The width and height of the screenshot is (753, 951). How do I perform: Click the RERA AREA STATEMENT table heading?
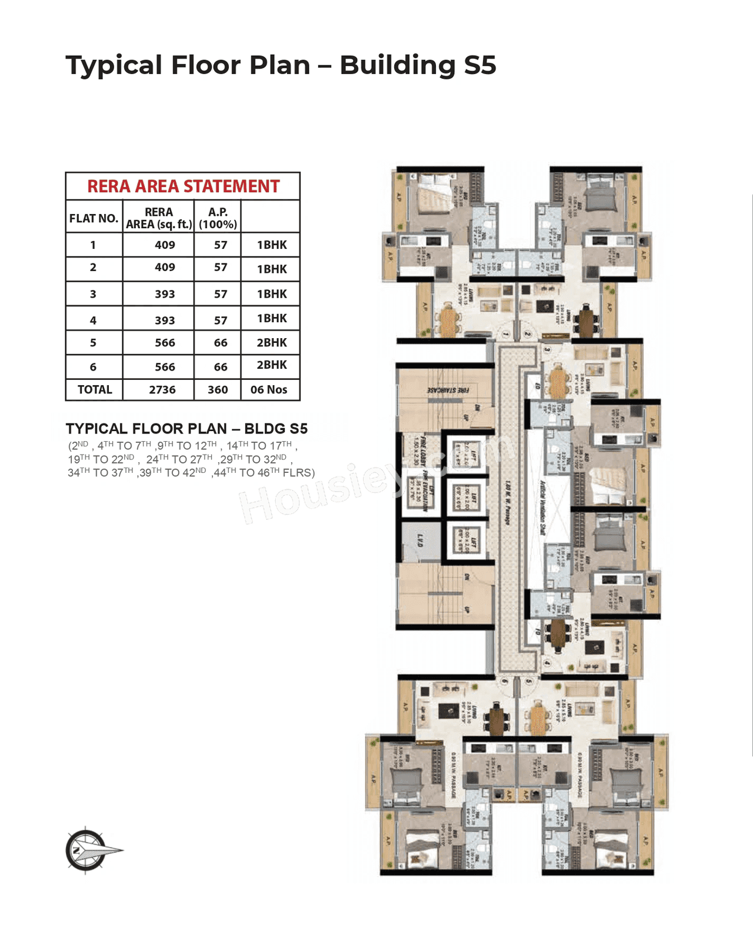pyautogui.click(x=183, y=186)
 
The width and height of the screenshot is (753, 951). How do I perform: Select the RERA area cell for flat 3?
pyautogui.click(x=165, y=294)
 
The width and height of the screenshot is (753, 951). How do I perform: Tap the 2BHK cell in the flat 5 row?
pyautogui.click(x=271, y=342)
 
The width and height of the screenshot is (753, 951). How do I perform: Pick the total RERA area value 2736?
pyautogui.click(x=162, y=389)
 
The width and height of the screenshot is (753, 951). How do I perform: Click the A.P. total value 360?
pyautogui.click(x=218, y=389)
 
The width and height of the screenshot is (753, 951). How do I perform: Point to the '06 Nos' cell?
pyautogui.click(x=269, y=389)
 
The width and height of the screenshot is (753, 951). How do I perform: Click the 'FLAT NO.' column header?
pyautogui.click(x=94, y=218)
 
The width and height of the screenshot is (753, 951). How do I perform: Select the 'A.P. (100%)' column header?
pyautogui.click(x=218, y=218)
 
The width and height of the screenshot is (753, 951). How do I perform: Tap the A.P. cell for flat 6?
pyautogui.click(x=221, y=367)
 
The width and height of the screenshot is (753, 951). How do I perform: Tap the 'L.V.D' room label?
pyautogui.click(x=420, y=540)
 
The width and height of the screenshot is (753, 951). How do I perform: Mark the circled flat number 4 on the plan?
pyautogui.click(x=547, y=663)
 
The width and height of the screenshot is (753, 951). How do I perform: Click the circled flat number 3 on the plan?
pyautogui.click(x=547, y=349)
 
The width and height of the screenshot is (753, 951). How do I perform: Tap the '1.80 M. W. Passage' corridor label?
pyautogui.click(x=507, y=503)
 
